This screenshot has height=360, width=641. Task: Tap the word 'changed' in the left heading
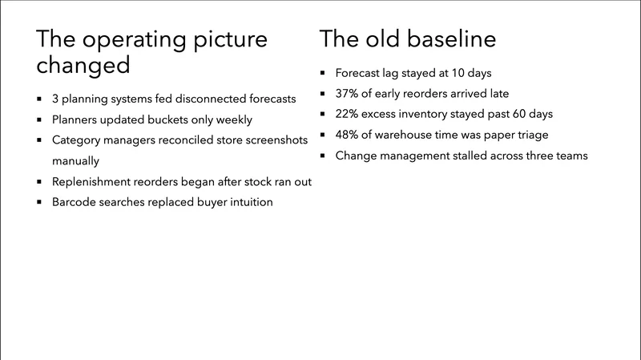83,65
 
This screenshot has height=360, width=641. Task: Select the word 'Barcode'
75,202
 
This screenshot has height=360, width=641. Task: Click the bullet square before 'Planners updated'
40,120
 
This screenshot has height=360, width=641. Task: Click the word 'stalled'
477,156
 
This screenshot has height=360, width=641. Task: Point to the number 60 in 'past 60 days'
516,114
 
